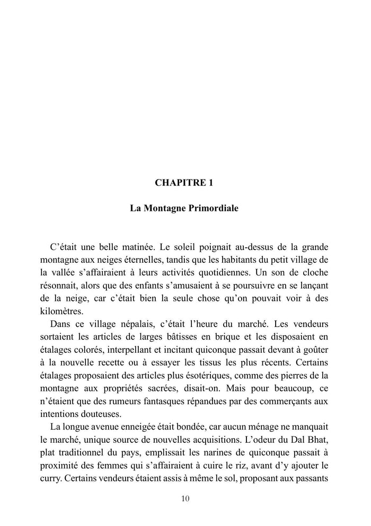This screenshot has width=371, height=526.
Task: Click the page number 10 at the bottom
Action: (185, 498)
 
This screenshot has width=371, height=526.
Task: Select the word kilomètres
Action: (61, 311)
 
